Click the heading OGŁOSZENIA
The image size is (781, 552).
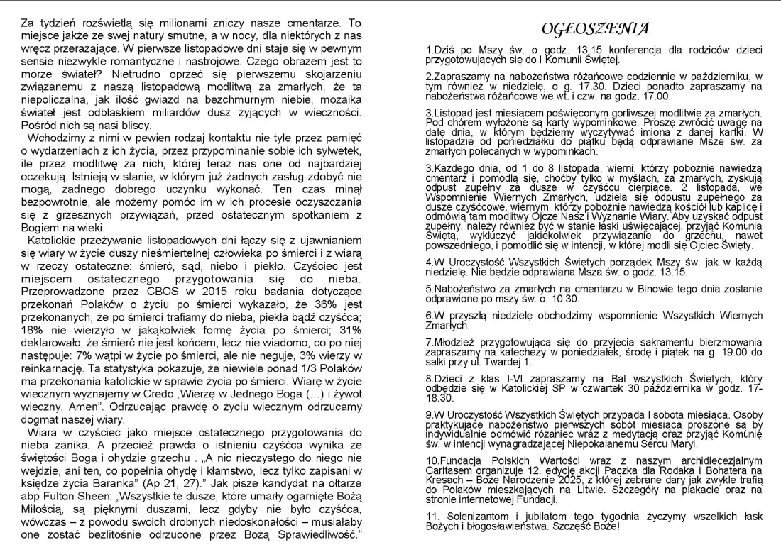(595, 28)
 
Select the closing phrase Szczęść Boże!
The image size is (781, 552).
(574, 526)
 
